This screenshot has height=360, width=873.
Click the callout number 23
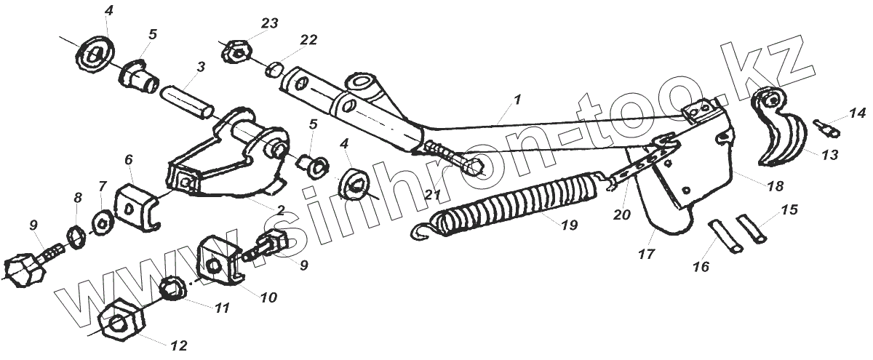269,23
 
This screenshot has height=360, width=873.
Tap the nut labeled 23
236,52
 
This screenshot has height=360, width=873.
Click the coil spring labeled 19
509,200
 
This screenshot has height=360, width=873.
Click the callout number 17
646,255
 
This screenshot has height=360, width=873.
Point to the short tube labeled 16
723,237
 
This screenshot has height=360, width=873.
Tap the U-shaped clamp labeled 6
139,207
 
